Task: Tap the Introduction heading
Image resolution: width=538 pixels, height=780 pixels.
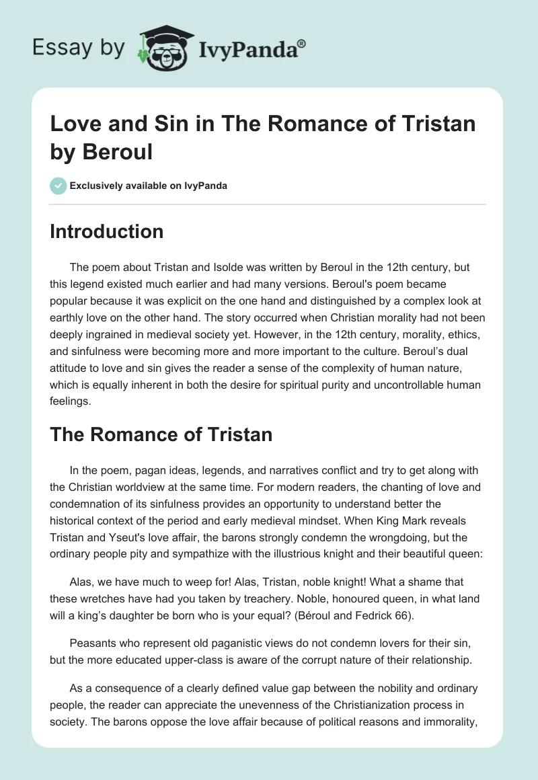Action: tap(107, 231)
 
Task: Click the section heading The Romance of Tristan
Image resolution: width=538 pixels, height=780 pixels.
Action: tap(161, 434)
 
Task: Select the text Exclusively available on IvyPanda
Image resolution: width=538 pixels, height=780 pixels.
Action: tap(148, 186)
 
